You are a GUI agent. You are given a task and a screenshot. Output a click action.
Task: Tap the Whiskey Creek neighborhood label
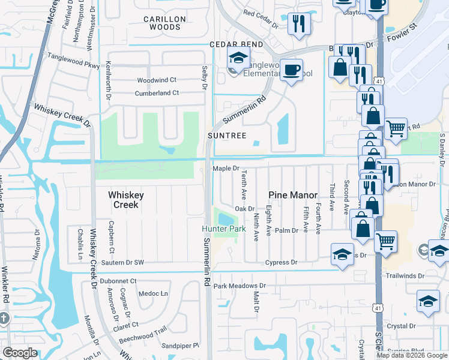tap(124, 200)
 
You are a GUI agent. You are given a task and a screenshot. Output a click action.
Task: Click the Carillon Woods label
tap(165, 23)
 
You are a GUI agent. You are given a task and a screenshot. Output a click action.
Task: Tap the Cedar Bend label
tap(236, 45)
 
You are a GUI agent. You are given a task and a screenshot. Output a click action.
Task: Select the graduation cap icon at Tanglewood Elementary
tap(238, 59)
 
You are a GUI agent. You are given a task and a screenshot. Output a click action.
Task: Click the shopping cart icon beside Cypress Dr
tap(385, 241)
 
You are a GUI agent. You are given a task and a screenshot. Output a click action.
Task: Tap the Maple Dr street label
tap(226, 169)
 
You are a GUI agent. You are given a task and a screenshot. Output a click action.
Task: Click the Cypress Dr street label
tap(281, 262)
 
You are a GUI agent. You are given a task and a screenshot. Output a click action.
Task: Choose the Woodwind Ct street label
tap(156, 80)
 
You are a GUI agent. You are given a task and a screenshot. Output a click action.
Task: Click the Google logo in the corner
tap(20, 353)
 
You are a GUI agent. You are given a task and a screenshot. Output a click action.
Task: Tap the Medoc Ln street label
tap(153, 293)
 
